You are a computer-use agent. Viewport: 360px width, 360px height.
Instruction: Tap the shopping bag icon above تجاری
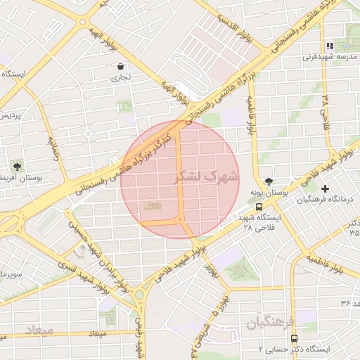(122, 67)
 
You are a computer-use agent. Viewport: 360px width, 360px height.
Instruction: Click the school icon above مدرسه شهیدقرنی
(330, 46)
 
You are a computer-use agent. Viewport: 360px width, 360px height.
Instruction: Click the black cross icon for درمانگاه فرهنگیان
(325, 188)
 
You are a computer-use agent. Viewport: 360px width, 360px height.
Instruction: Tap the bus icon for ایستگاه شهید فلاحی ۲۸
(259, 207)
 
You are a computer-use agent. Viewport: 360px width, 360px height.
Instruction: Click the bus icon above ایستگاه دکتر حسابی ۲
(294, 338)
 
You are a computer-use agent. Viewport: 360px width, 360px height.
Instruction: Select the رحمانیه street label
(55, 149)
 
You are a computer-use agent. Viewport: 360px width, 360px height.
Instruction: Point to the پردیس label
(9, 115)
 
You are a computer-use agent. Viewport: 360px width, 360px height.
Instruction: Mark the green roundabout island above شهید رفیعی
(139, 295)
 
